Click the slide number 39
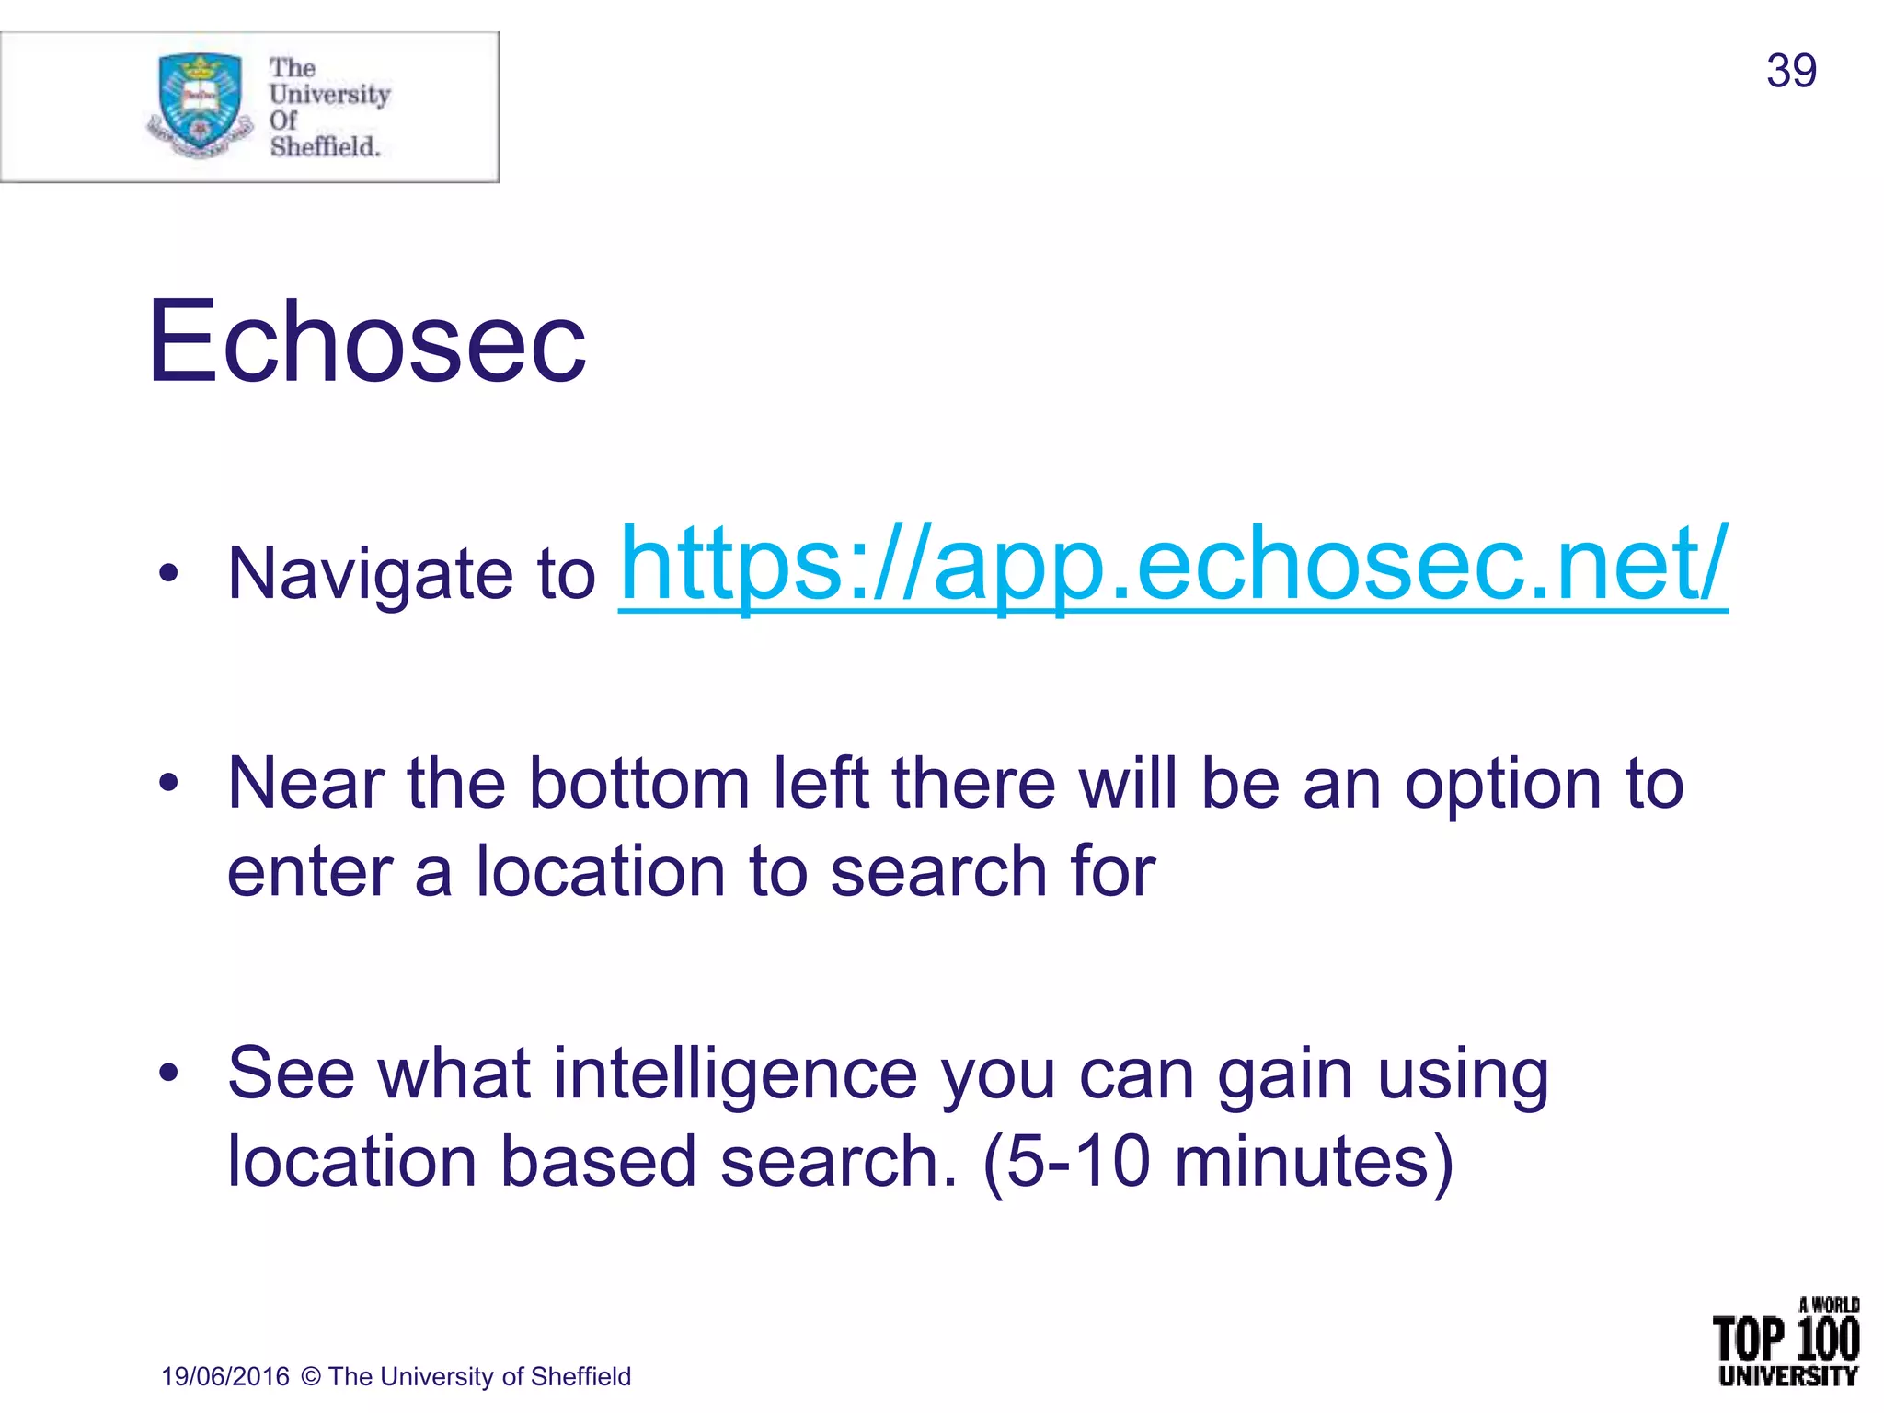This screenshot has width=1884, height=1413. click(x=1790, y=71)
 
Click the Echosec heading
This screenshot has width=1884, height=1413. click(x=366, y=342)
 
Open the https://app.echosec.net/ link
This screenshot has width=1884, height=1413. click(x=1173, y=563)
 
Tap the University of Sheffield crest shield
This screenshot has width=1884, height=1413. click(x=200, y=101)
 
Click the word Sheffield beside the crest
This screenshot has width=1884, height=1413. click(x=324, y=146)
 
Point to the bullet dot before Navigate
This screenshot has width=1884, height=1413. click(x=167, y=573)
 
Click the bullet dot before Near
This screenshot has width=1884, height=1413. click(x=167, y=783)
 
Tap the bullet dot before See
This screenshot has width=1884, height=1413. click(x=167, y=1073)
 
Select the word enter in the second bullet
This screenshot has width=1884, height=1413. click(x=309, y=871)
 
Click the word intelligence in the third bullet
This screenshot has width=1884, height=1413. click(x=735, y=1074)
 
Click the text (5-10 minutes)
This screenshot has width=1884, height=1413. click(x=1218, y=1161)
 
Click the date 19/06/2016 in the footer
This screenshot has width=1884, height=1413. click(x=225, y=1376)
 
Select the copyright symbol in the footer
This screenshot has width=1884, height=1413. click(x=311, y=1376)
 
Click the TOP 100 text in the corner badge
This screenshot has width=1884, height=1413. click(x=1786, y=1339)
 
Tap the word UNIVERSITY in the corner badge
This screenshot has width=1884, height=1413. click(x=1787, y=1377)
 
